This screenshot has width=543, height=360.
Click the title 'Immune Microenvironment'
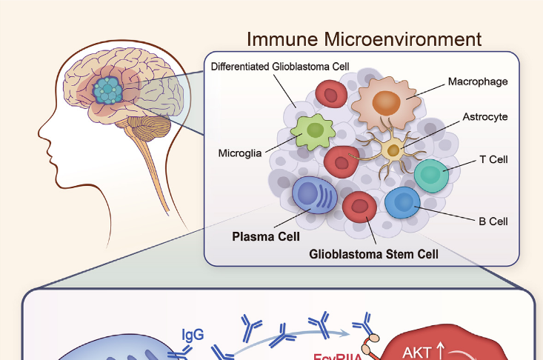coord(364,39)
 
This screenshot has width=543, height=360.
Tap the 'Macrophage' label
coord(478,81)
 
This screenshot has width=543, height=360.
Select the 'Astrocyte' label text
coord(485,117)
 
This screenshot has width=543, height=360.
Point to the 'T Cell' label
coord(493,159)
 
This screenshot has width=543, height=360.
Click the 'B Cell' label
coord(493,221)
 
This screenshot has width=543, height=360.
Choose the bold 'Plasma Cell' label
coord(266,237)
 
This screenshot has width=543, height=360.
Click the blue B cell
coord(402,202)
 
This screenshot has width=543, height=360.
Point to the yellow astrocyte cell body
coord(393,151)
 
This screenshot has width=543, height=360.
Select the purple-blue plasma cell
coord(315,195)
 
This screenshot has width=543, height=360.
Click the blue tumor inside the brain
coord(111,90)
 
